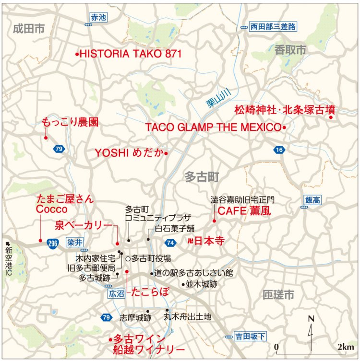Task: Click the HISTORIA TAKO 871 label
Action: tap(130, 54)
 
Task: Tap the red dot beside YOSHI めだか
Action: tap(166, 153)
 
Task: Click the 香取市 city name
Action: tap(290, 50)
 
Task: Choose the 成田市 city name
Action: tap(29, 29)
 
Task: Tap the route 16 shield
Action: tap(279, 150)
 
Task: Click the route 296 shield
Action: tap(53, 244)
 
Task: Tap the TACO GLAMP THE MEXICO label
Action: tap(213, 128)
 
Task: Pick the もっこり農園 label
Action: tap(70, 123)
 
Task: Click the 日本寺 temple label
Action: tap(209, 241)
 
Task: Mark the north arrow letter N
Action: tap(311, 318)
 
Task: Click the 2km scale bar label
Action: tap(345, 347)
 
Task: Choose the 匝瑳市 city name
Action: tap(278, 294)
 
